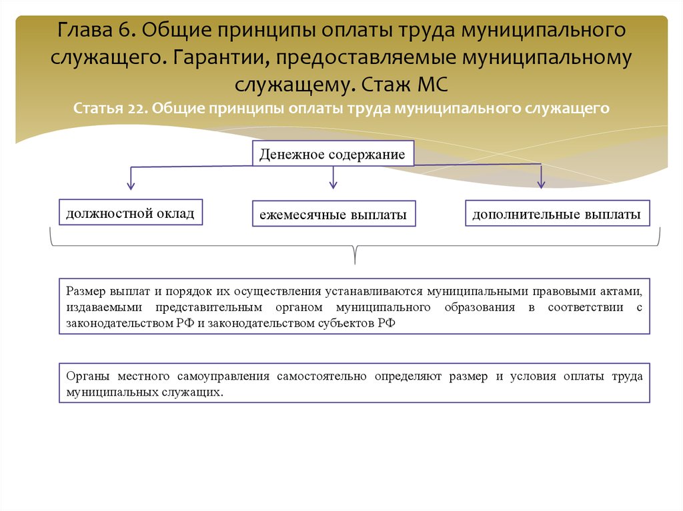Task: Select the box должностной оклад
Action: (x=130, y=213)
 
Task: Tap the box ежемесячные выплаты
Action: (x=333, y=215)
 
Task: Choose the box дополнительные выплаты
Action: (x=557, y=214)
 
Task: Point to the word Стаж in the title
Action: (x=382, y=85)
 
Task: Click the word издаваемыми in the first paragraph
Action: (x=105, y=307)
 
